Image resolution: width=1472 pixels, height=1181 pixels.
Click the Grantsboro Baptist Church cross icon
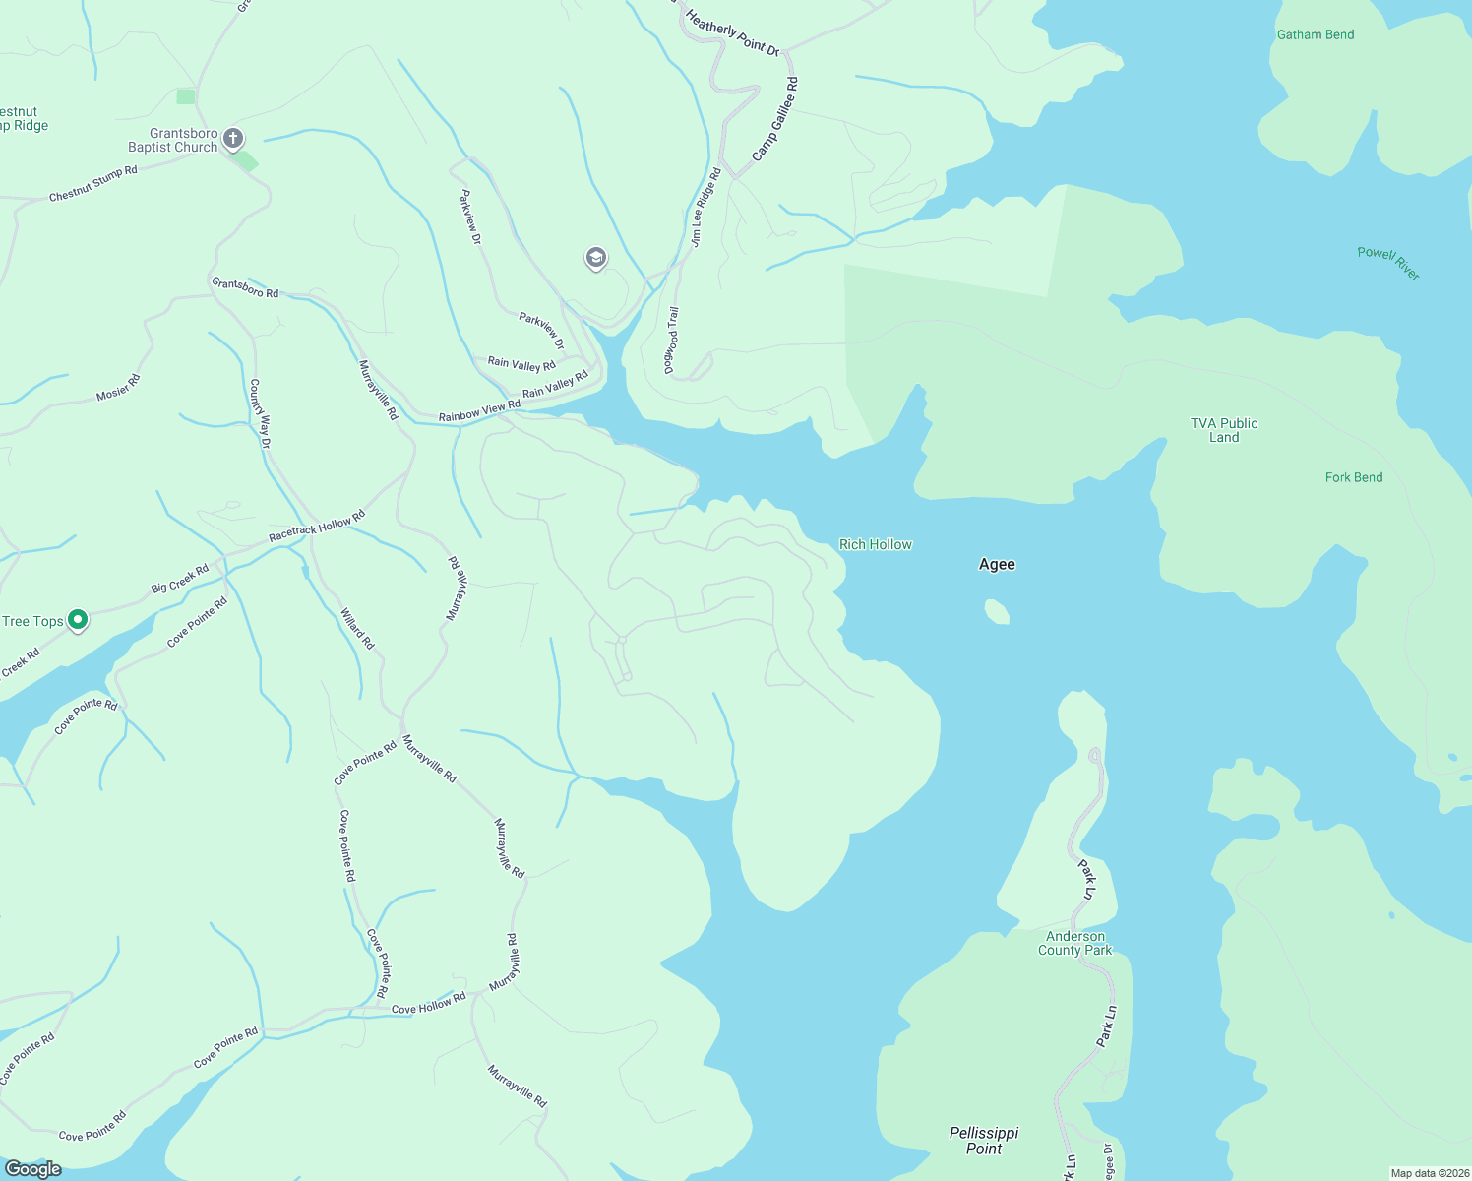coord(233,138)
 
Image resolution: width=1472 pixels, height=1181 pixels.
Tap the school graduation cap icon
coord(595,258)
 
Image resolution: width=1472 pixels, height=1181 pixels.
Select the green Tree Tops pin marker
coord(78,620)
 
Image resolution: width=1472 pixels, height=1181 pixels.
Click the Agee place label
coord(997,564)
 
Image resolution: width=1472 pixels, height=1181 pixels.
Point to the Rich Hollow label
coord(875,544)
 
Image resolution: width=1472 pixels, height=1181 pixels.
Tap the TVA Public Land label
coord(1224,430)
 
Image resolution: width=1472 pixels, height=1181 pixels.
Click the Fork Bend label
coord(1353,477)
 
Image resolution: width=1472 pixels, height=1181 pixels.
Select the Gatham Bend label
coord(1316,34)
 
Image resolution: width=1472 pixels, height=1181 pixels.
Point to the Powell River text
coord(1388,263)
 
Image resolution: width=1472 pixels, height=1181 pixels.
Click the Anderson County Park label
coord(1074,943)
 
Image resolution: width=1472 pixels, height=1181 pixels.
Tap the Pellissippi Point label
coord(984,1141)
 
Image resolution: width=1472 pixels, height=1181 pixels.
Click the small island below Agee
coord(997,612)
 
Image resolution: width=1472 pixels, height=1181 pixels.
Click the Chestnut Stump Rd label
coord(93,184)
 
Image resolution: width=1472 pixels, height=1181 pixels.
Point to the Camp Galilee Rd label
coord(775,119)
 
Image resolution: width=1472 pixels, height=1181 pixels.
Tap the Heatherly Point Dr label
coord(732,32)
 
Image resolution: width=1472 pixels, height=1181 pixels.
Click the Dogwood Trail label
coord(671,341)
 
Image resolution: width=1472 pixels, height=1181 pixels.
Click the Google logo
coord(33,1169)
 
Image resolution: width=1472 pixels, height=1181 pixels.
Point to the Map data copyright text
coord(1430,1173)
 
